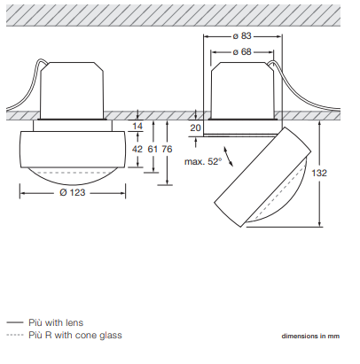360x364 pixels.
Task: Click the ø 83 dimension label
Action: pyautogui.click(x=242, y=35)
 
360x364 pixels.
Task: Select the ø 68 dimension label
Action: pyautogui.click(x=242, y=52)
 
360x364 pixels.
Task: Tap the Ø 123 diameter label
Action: pyautogui.click(x=73, y=192)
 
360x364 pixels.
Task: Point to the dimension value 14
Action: pyautogui.click(x=137, y=126)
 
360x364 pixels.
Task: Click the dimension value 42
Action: pyautogui.click(x=137, y=149)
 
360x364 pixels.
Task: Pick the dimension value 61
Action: pyautogui.click(x=153, y=149)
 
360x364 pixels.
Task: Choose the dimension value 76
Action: pyautogui.click(x=167, y=149)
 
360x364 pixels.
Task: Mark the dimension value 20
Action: pyautogui.click(x=195, y=128)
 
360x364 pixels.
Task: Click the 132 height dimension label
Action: pyautogui.click(x=319, y=173)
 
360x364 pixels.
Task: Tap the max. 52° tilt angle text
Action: pyautogui.click(x=203, y=161)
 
